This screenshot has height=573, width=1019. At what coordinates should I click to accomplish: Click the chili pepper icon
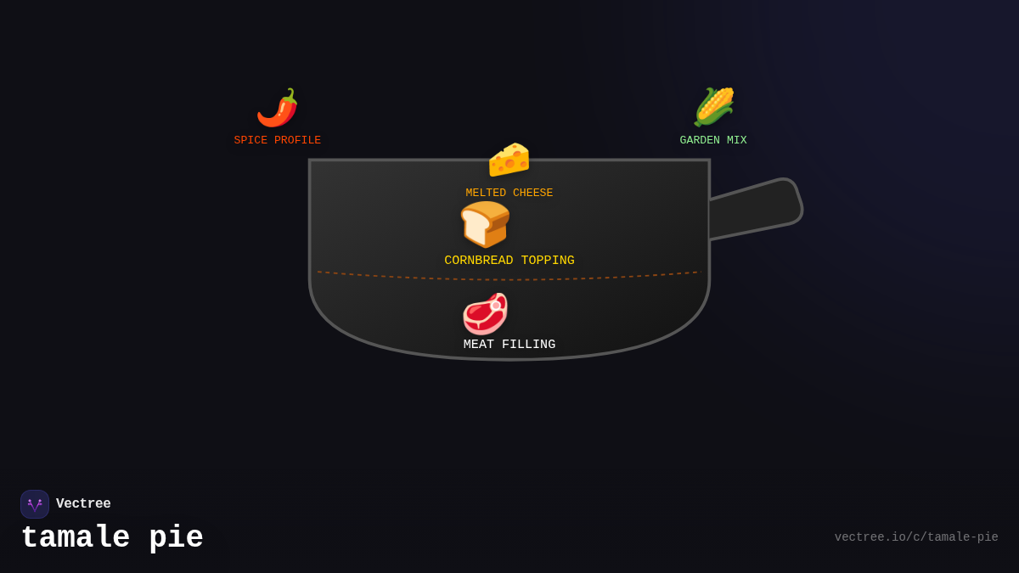pyautogui.click(x=278, y=108)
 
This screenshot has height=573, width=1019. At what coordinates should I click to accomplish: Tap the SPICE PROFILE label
pyautogui.click(x=278, y=141)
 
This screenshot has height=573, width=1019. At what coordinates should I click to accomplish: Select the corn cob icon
pyautogui.click(x=713, y=107)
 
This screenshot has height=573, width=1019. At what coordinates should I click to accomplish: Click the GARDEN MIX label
pyautogui.click(x=713, y=141)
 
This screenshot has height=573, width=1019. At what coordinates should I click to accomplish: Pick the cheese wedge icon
pyautogui.click(x=509, y=160)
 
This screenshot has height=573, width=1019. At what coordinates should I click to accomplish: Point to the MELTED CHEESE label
pyautogui.click(x=509, y=194)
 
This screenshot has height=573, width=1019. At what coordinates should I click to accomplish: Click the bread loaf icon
pyautogui.click(x=485, y=224)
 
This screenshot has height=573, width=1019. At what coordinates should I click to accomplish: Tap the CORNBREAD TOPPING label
pyautogui.click(x=509, y=261)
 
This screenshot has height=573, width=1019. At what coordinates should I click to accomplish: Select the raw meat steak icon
pyautogui.click(x=485, y=314)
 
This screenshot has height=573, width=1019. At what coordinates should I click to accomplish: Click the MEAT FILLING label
pyautogui.click(x=509, y=345)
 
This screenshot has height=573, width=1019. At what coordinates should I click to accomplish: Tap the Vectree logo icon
pyautogui.click(x=35, y=504)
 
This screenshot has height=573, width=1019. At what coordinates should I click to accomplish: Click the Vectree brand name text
pyautogui.click(x=83, y=504)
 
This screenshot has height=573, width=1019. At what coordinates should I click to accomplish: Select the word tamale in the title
pyautogui.click(x=76, y=538)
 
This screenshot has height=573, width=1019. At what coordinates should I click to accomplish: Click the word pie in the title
pyautogui.click(x=176, y=538)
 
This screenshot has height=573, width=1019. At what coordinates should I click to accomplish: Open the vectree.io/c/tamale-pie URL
pyautogui.click(x=916, y=537)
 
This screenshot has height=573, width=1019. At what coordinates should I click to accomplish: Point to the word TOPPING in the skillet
pyautogui.click(x=548, y=261)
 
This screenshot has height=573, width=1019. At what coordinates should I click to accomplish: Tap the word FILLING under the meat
pyautogui.click(x=528, y=345)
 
